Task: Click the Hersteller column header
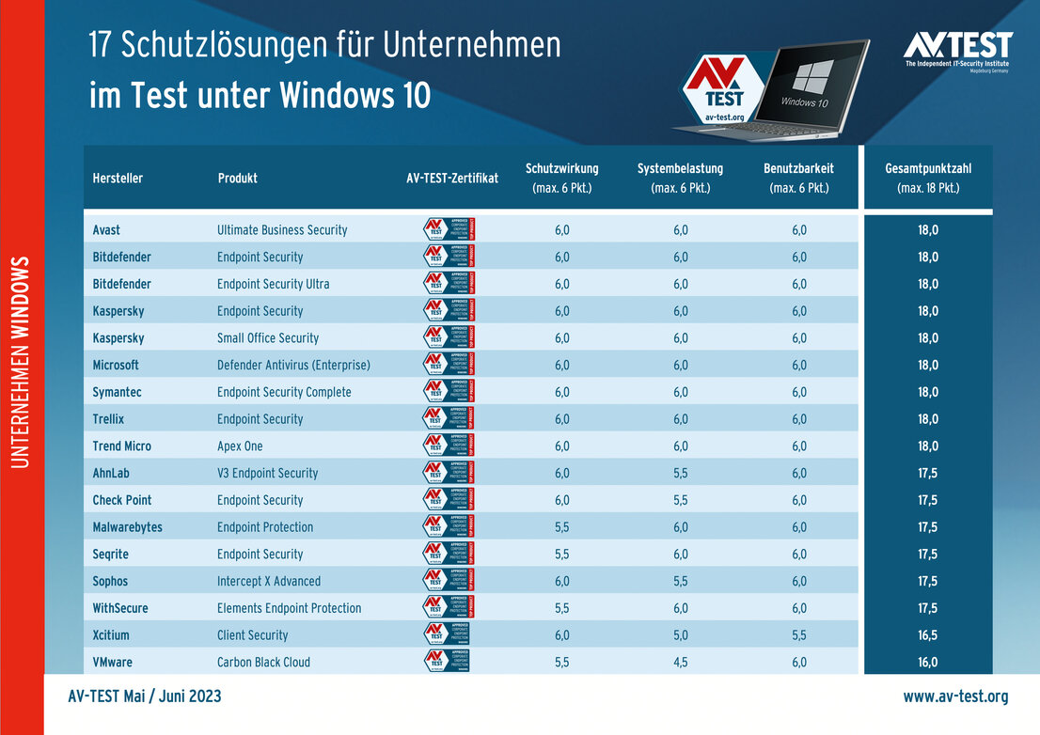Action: click(x=118, y=178)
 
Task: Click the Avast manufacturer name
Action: click(x=106, y=229)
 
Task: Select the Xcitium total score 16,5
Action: click(x=927, y=634)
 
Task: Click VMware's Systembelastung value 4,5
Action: click(x=680, y=662)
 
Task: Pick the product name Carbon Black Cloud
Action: click(x=263, y=662)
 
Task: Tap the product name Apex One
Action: click(x=240, y=446)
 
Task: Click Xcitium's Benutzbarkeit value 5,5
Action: click(x=798, y=634)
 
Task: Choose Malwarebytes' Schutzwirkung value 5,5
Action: click(x=561, y=527)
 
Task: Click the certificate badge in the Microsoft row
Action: click(x=449, y=365)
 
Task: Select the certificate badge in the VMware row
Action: click(x=447, y=662)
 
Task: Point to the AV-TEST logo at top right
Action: click(x=957, y=50)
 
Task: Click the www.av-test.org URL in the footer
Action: click(x=955, y=696)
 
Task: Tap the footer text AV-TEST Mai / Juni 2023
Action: click(x=145, y=696)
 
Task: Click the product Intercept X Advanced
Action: click(x=269, y=581)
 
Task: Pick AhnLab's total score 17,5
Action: click(x=927, y=473)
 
